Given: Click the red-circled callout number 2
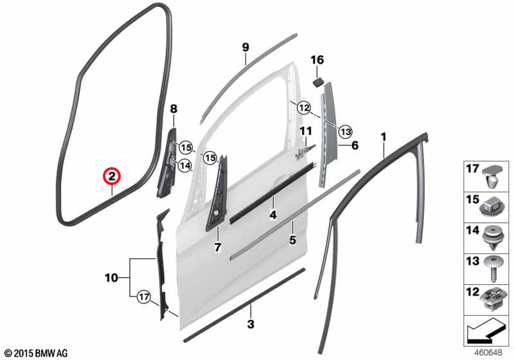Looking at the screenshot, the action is pos(112,177).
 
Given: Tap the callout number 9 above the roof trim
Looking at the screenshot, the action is pos(245,47).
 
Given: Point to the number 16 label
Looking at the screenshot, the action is pos(317,60).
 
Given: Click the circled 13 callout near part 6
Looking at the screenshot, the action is pos(345,132).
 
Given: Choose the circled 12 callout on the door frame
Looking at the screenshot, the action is pos(304,107).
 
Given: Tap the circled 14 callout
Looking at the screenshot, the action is pos(185,166).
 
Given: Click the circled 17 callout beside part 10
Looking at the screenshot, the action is pos(143,298).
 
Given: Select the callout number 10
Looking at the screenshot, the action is pos(111,278).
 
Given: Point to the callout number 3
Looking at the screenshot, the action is pos(251,324).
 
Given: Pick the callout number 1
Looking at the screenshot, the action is pos(384,137).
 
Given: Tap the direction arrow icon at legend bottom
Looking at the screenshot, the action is pos(485,330).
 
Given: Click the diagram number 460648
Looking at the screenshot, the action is pos(488,352).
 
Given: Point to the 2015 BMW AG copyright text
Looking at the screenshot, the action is pos(37,354).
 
